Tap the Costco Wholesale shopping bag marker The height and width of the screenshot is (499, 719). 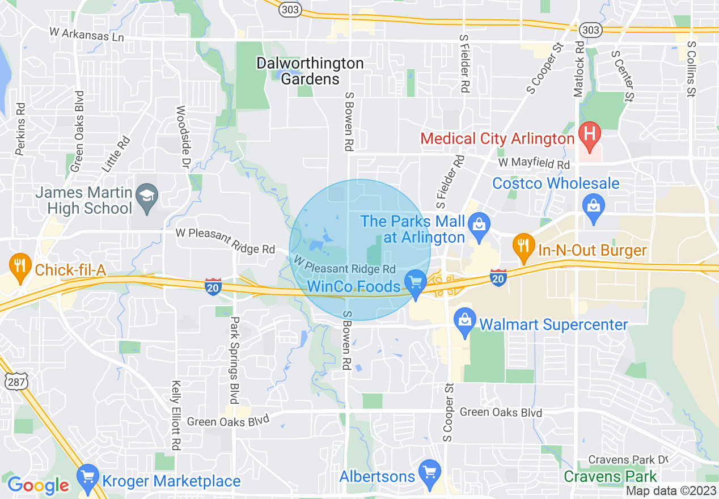point(594,206)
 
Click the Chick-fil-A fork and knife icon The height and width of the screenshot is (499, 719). point(20,265)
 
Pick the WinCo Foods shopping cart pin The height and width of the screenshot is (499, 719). point(416,281)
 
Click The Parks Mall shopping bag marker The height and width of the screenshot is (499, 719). point(479,224)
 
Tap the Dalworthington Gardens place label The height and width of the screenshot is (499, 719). point(310,71)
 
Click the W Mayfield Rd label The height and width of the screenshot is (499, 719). point(534,164)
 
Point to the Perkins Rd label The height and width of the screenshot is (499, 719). point(21,129)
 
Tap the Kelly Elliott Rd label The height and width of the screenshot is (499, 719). point(176,415)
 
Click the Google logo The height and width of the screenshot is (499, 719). point(38,485)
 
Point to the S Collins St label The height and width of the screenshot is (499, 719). point(690,69)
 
